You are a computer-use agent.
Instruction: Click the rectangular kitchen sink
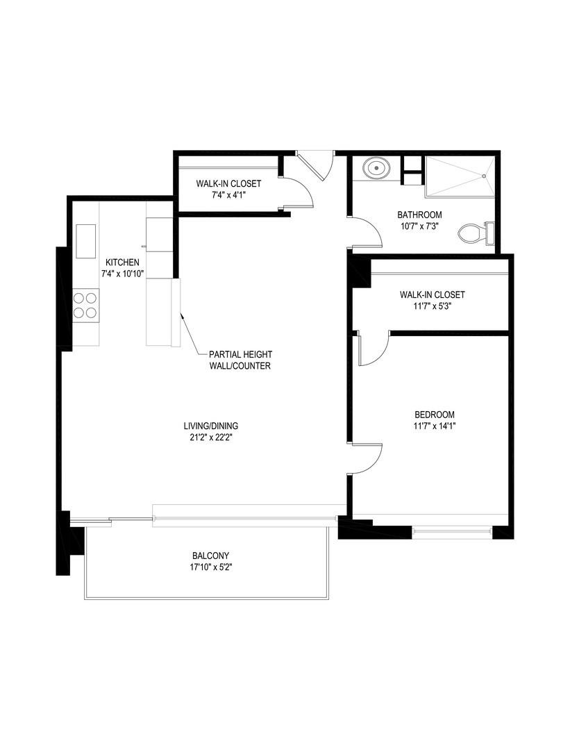pyautogui.click(x=86, y=240)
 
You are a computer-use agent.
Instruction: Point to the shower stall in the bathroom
pyautogui.click(x=460, y=176)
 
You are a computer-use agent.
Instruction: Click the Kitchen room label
pyautogui.click(x=122, y=262)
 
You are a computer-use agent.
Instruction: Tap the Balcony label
pyautogui.click(x=210, y=556)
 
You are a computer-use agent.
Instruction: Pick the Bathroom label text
pyautogui.click(x=419, y=215)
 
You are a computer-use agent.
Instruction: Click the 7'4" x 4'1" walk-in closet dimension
pyautogui.click(x=228, y=195)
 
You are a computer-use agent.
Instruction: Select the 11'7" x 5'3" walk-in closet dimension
pyautogui.click(x=432, y=306)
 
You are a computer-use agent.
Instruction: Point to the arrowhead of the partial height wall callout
pyautogui.click(x=182, y=316)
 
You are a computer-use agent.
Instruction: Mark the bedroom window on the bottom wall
pyautogui.click(x=451, y=533)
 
